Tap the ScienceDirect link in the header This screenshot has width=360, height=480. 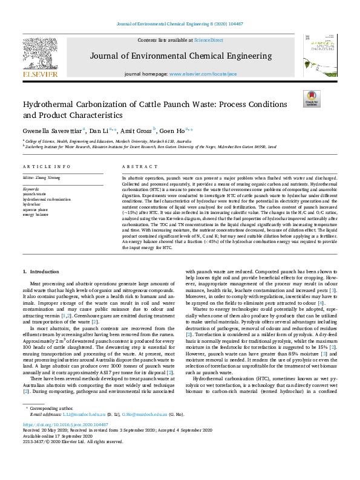[x=208, y=40]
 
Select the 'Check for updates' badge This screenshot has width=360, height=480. [x=312, y=99]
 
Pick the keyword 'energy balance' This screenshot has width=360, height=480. [x=36, y=215]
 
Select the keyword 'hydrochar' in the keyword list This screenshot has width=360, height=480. [x=33, y=204]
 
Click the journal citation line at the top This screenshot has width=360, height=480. [x=179, y=25]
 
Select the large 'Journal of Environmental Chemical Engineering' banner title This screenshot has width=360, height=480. [x=179, y=56]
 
